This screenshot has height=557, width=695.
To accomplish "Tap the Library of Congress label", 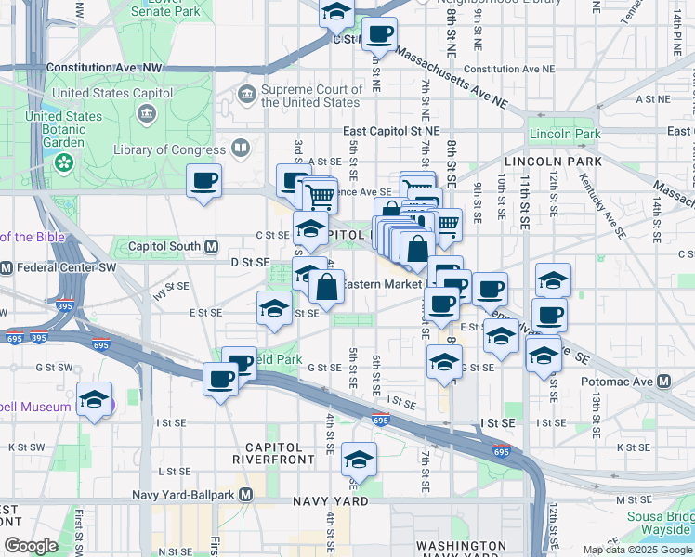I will (x=169, y=149).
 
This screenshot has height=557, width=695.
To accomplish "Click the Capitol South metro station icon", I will (x=211, y=247).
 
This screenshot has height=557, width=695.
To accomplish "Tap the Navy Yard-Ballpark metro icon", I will (x=245, y=495).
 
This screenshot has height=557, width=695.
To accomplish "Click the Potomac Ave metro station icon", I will (x=663, y=382).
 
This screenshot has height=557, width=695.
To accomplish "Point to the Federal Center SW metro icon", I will (x=6, y=268).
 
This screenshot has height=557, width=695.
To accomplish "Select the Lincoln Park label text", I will (x=565, y=134).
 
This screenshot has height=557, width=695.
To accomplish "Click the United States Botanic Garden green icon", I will (x=64, y=164).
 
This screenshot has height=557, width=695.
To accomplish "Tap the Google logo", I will (x=31, y=546).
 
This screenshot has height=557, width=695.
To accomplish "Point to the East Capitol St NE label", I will (x=390, y=132).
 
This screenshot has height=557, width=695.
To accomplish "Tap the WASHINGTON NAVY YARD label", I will (x=462, y=550).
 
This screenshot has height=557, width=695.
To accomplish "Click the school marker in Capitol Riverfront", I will (x=359, y=460).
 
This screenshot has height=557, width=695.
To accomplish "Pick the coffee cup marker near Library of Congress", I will (x=203, y=181).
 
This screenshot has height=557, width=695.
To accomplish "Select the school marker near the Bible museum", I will (x=94, y=400).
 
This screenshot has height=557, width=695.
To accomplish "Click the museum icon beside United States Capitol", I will (x=147, y=113).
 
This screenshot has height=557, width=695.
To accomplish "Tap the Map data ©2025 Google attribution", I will (x=636, y=550).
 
